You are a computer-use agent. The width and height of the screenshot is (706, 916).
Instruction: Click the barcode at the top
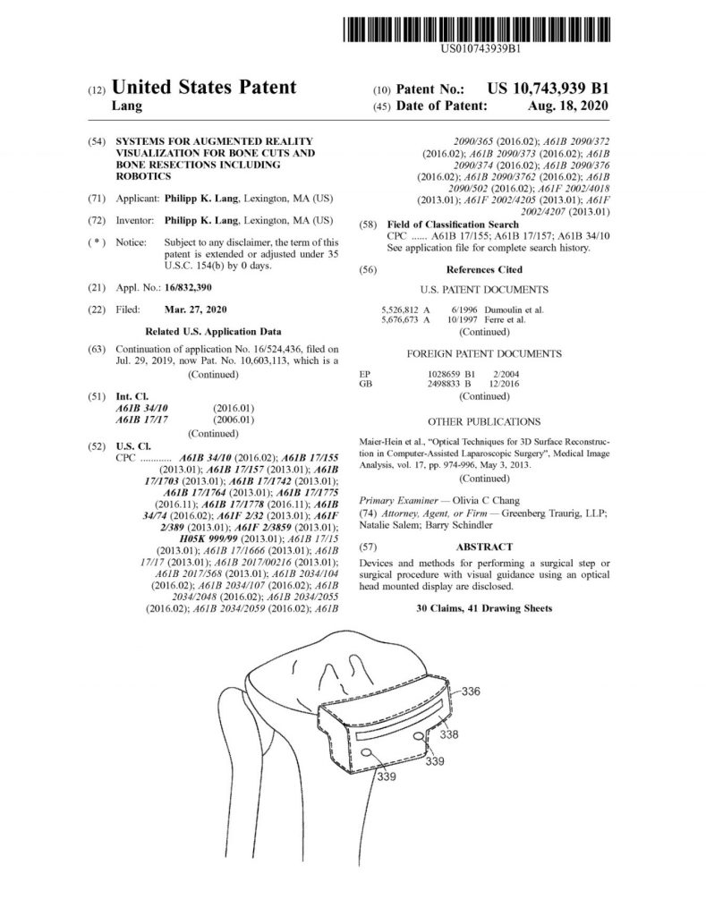476,30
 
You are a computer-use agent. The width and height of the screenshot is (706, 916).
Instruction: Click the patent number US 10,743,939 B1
549,89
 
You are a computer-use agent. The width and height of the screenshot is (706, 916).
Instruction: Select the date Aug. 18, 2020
567,106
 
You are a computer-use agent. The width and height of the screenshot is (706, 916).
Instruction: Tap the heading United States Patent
204,87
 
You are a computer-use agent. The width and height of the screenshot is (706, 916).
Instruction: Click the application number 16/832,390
188,287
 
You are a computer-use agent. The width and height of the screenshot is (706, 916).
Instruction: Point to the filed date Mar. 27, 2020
196,310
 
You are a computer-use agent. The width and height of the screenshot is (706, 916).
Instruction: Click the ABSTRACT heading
484,547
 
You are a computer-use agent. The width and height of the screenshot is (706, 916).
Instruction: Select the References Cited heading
484,270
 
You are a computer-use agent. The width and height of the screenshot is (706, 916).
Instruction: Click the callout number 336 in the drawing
471,691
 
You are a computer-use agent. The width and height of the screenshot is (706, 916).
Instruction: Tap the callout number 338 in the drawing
449,734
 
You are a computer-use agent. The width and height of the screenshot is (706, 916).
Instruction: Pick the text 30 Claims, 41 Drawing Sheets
484,608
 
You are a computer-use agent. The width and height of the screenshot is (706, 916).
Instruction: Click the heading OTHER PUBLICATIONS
484,422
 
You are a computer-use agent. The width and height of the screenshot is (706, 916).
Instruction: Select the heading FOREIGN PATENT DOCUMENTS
484,354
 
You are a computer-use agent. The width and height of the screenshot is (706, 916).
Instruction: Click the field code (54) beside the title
97,141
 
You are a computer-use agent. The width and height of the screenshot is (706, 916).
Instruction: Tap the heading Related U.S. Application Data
213,332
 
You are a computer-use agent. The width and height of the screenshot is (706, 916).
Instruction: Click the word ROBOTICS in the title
143,176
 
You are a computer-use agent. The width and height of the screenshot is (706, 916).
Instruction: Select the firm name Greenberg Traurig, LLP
553,513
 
